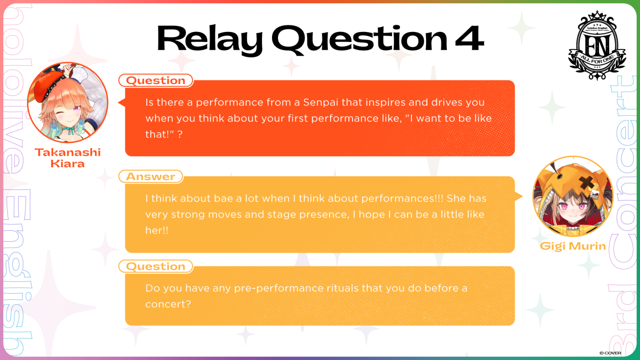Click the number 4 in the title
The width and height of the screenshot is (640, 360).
click(x=469, y=38)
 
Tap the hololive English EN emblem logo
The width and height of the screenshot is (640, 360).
click(x=597, y=45)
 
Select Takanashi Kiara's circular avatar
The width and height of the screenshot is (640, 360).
click(x=68, y=102)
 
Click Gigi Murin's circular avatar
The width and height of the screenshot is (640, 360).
click(x=573, y=196)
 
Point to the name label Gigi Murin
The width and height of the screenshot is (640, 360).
click(x=573, y=246)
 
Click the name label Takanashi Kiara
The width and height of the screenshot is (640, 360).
click(x=68, y=158)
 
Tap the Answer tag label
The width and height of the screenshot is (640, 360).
click(x=150, y=176)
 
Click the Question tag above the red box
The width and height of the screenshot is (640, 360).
click(x=156, y=80)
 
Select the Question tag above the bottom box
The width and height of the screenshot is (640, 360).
click(x=156, y=266)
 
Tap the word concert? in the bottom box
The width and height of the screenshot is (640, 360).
click(x=168, y=304)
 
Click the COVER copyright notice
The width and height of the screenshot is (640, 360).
click(x=610, y=353)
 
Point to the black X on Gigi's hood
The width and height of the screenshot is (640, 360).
click(x=587, y=183)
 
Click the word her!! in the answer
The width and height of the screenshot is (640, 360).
click(x=157, y=230)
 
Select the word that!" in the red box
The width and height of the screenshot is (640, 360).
click(x=160, y=134)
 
